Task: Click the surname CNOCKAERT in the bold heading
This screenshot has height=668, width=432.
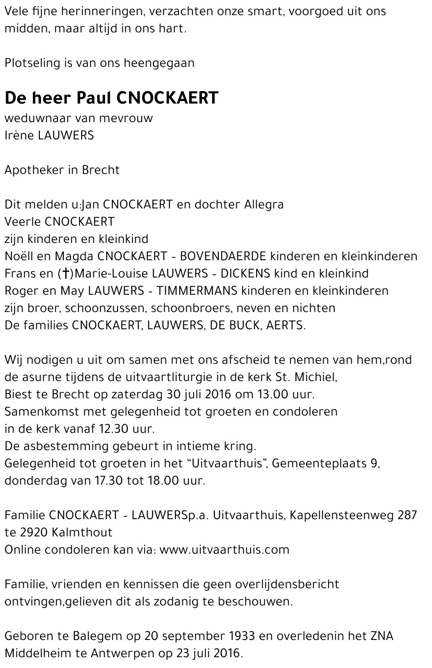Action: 168,98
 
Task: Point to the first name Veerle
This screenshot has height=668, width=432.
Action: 22,222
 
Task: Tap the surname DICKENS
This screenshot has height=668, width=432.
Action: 245,274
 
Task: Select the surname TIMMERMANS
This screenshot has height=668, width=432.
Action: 197,291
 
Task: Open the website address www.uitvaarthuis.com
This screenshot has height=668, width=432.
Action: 224,550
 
